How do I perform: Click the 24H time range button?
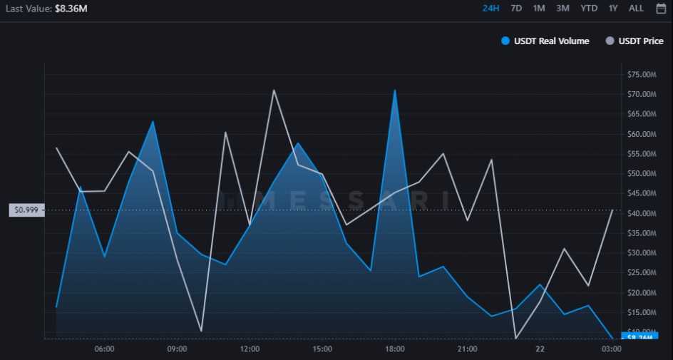[490, 9]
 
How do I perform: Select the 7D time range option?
[516, 9]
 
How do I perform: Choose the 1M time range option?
[539, 9]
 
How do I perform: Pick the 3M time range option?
[562, 9]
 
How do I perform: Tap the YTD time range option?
[589, 9]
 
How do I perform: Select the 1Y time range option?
[613, 9]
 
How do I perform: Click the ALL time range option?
[636, 9]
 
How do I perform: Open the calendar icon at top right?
[660, 9]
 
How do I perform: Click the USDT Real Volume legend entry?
[546, 41]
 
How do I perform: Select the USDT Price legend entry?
[635, 41]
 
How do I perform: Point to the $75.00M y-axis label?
[641, 75]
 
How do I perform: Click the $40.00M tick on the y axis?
[641, 214]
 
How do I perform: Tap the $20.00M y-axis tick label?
[641, 293]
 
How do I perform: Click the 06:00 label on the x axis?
[104, 349]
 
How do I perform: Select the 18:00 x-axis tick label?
[395, 349]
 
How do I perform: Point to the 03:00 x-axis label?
[611, 349]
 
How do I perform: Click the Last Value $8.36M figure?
[71, 9]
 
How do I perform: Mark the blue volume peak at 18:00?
[394, 91]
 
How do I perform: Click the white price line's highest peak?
[273, 91]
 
